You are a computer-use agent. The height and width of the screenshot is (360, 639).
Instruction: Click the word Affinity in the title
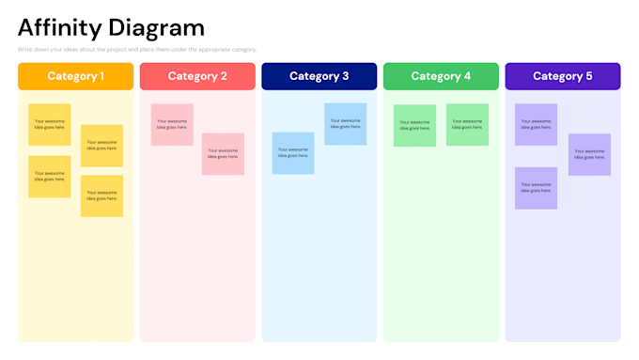pos(58,27)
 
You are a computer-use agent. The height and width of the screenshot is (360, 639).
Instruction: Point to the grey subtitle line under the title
pos(137,50)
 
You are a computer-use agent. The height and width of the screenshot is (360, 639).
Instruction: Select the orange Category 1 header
pos(75,76)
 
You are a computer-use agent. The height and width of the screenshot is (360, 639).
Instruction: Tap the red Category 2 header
pos(197,76)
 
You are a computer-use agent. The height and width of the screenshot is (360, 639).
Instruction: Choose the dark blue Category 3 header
pos(319,76)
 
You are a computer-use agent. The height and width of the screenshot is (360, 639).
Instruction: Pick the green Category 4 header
pos(441,76)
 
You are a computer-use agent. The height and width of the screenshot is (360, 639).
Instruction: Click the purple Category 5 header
pos(562,76)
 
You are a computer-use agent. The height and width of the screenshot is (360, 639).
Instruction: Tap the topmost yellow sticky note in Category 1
pos(49,124)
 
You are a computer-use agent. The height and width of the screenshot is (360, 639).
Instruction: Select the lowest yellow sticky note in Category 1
pos(101,196)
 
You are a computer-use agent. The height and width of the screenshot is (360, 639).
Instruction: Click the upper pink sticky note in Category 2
pos(172,124)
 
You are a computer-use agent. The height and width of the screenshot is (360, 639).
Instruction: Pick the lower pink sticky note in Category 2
pos(223,153)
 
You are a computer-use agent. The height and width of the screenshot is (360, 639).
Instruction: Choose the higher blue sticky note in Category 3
pos(345,123)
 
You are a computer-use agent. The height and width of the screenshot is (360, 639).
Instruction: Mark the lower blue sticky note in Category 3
pos(293,153)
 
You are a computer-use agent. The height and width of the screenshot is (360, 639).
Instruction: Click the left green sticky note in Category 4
pos(414,125)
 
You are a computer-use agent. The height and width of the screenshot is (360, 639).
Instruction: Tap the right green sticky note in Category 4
pos(467,124)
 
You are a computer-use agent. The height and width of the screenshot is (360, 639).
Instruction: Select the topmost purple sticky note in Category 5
pos(536,124)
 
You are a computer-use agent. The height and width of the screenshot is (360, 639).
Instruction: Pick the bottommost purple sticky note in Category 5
pos(536,188)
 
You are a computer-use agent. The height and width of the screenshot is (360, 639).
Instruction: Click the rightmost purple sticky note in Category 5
pos(589,154)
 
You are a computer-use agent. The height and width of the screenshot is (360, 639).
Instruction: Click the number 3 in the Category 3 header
pos(345,76)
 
